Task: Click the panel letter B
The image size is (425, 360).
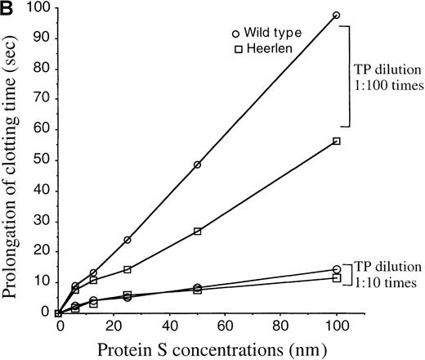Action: (x=7, y=8)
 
